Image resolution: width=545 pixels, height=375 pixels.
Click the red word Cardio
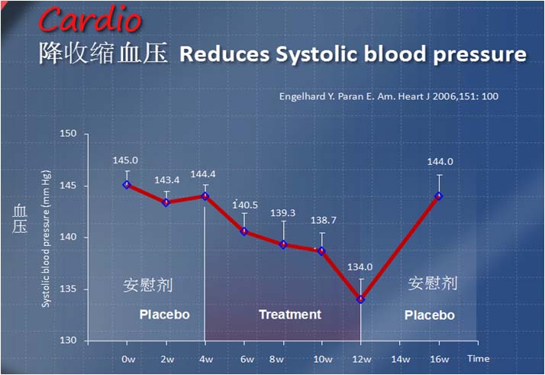(x=90, y=19)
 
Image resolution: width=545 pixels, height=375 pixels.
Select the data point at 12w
(x=361, y=299)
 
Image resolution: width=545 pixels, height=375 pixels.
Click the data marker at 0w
(x=127, y=185)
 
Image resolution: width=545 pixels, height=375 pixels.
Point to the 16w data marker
(x=439, y=196)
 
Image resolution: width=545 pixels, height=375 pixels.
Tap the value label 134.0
(x=360, y=267)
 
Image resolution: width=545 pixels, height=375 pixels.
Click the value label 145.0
(x=125, y=160)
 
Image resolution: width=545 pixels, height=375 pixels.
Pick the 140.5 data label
(x=245, y=205)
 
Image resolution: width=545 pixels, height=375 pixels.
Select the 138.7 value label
(x=323, y=220)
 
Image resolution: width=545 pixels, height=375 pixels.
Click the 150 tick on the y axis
(x=68, y=134)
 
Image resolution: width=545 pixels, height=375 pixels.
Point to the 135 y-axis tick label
(x=68, y=289)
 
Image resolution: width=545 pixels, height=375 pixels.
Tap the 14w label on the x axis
(x=401, y=359)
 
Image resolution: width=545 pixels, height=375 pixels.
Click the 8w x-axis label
(x=276, y=359)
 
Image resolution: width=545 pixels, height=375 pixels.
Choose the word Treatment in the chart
(x=290, y=315)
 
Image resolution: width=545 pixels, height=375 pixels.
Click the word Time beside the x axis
(x=479, y=358)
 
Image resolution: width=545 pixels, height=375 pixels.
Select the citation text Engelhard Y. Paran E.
(x=327, y=96)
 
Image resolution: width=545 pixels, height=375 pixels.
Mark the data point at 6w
(x=244, y=231)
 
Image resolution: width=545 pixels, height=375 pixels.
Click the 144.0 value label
(x=440, y=161)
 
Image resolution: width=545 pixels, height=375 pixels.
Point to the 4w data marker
(x=205, y=196)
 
